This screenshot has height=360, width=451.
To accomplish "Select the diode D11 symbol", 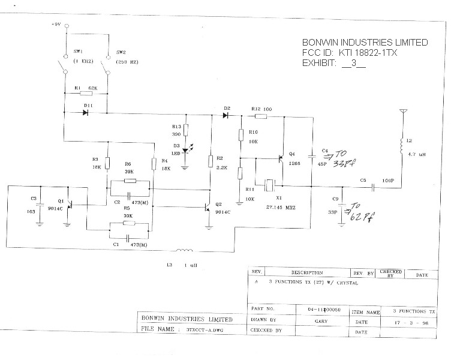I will pos(88,112).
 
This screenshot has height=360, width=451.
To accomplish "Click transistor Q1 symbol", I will pos(70,205).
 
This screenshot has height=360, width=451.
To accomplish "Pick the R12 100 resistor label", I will pos(261,109).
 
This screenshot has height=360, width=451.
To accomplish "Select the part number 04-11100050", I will pos(323,309).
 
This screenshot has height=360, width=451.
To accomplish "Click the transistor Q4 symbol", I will pos(281,161).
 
